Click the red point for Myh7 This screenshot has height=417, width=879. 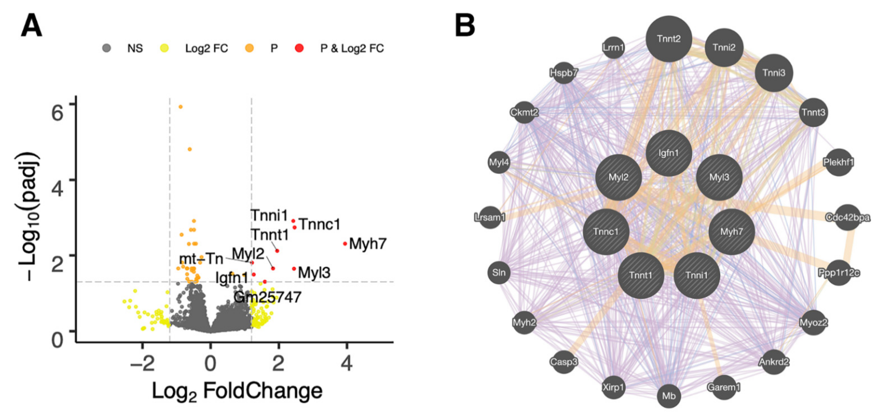click(345, 244)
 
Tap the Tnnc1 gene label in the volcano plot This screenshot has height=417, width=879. click(320, 224)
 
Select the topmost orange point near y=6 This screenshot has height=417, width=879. click(181, 107)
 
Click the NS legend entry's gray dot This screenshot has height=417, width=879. click(107, 48)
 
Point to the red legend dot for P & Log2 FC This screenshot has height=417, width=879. click(299, 48)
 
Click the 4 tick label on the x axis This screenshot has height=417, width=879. click(347, 364)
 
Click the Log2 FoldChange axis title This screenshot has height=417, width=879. click(237, 391)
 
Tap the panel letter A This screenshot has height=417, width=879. click(31, 26)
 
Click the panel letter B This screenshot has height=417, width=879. click(465, 26)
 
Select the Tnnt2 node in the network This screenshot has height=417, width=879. click(669, 39)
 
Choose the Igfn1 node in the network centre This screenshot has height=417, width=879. click(669, 153)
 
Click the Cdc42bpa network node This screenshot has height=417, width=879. click(848, 217)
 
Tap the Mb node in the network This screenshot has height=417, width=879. click(669, 396)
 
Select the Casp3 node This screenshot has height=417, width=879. click(564, 361)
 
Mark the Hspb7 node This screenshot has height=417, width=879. click(564, 73)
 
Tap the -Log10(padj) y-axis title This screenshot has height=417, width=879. click(28, 218)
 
